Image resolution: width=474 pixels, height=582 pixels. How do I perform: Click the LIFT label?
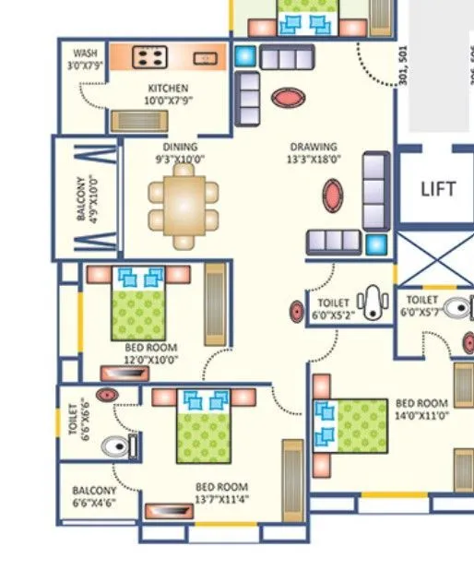pyautogui.click(x=438, y=189)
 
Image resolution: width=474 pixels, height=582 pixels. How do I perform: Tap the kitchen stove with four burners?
pyautogui.click(x=148, y=58)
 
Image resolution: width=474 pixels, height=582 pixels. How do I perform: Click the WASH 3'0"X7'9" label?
pyautogui.click(x=85, y=60)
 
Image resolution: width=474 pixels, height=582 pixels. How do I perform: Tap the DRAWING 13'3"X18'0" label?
pyautogui.click(x=314, y=153)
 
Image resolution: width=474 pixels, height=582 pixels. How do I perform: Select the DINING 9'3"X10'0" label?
pyautogui.click(x=180, y=153)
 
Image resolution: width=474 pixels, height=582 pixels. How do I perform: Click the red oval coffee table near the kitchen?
pyautogui.click(x=286, y=96)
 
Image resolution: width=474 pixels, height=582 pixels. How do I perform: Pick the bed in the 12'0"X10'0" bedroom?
pyautogui.click(x=138, y=307)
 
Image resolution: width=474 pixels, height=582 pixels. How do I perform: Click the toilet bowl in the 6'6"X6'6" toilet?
pyautogui.click(x=116, y=447)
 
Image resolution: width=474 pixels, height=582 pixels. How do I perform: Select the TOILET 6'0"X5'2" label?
pyautogui.click(x=333, y=307)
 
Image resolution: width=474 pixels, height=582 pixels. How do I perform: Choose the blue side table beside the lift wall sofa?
pyautogui.click(x=375, y=243)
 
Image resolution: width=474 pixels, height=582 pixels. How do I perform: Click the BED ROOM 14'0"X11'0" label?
pyautogui.click(x=421, y=410)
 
